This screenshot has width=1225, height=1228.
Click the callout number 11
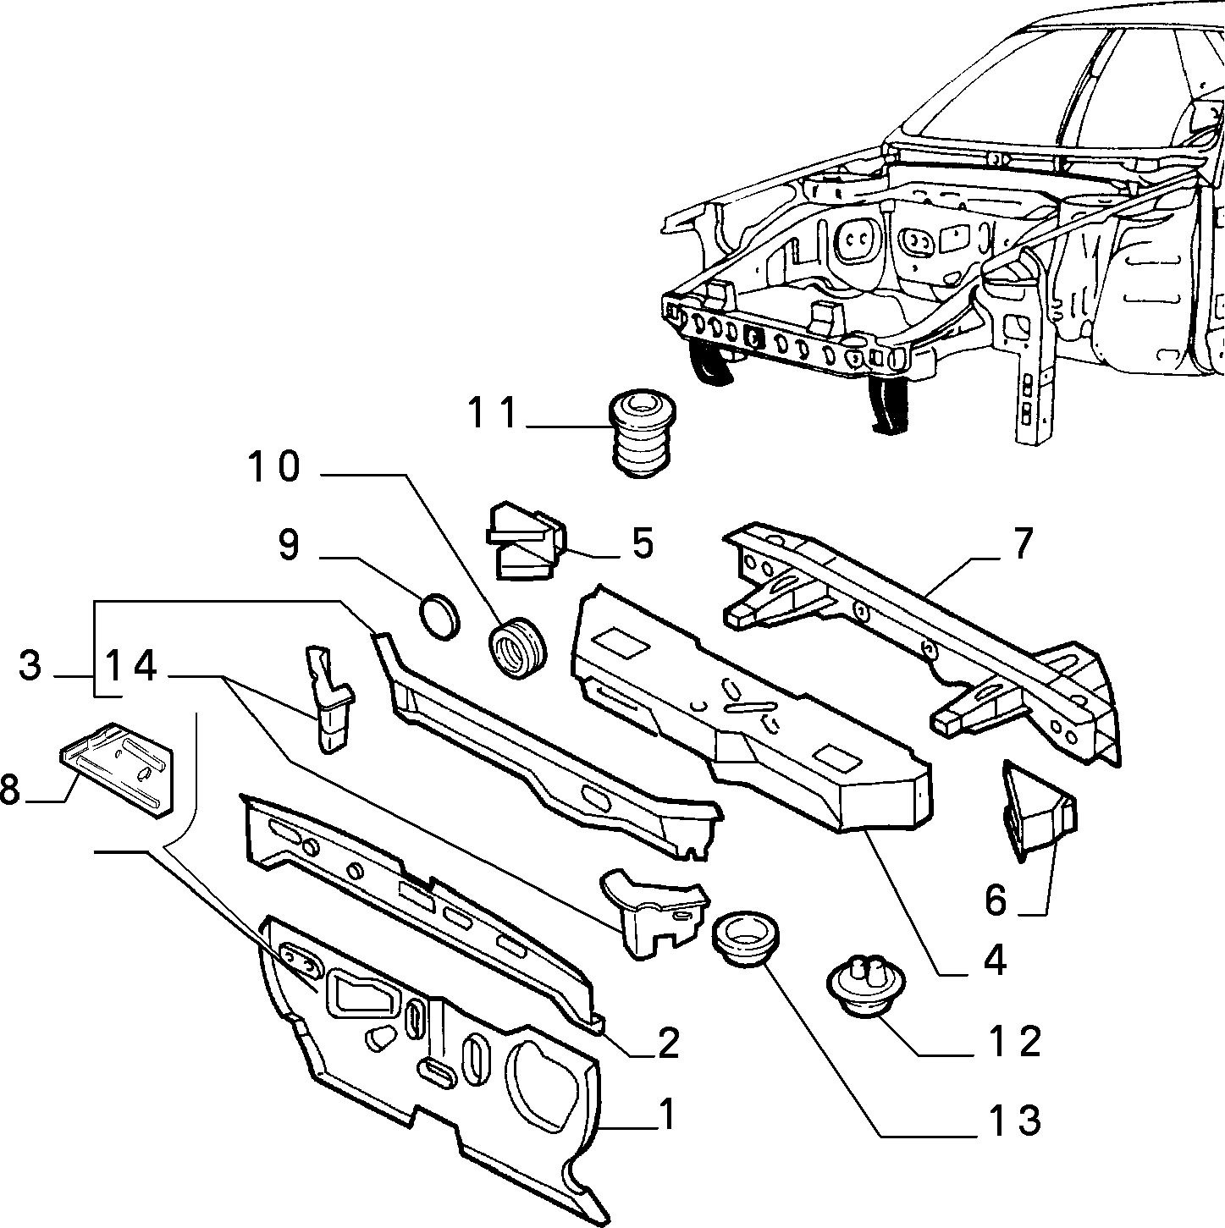493,413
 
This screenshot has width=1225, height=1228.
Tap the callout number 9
289,546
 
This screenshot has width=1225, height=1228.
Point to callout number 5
643,544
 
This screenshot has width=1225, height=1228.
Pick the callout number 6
996,901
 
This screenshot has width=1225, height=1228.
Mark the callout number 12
1014,1042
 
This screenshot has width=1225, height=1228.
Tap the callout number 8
9,790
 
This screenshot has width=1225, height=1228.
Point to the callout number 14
130,665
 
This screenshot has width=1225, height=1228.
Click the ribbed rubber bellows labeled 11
643,437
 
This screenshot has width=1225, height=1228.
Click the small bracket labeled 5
526,541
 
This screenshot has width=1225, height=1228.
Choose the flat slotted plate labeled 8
117,769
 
